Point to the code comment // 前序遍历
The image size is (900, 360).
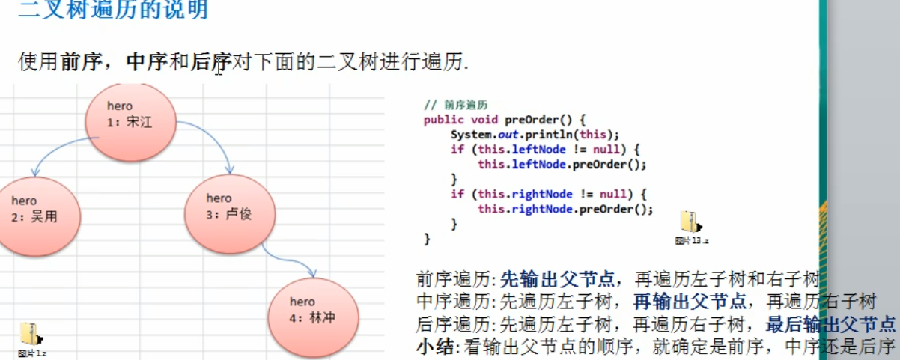click(x=455, y=106)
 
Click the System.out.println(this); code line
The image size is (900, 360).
click(x=535, y=135)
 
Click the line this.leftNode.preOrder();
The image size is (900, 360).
click(x=562, y=165)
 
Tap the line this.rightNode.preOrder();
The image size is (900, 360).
click(x=565, y=210)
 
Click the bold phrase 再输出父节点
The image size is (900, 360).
click(x=689, y=302)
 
